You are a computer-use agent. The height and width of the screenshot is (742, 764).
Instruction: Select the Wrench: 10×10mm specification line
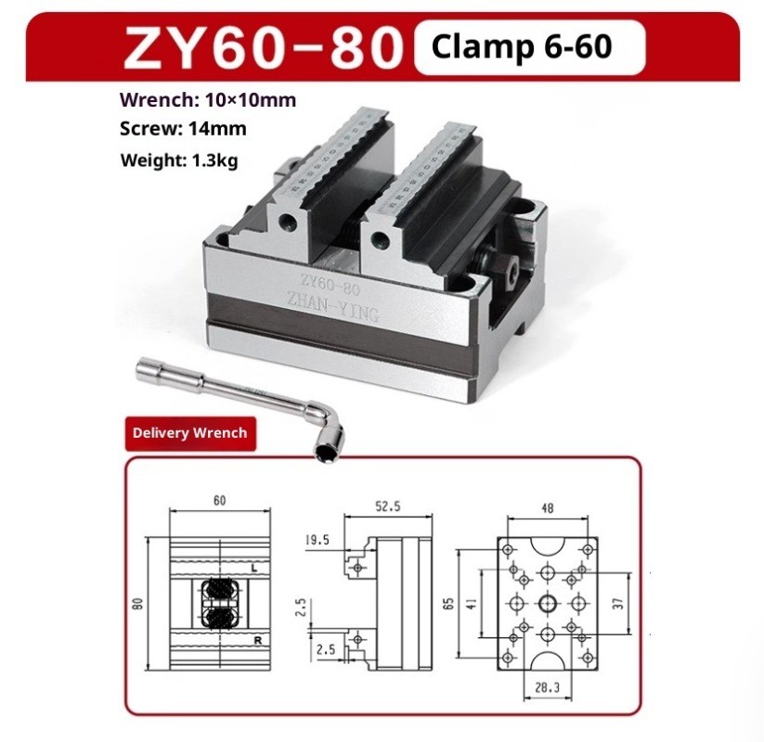pyautogui.click(x=208, y=100)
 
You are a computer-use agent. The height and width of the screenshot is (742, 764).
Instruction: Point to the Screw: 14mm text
pyautogui.click(x=183, y=129)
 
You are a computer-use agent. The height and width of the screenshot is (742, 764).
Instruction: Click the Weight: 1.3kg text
pyautogui.click(x=179, y=160)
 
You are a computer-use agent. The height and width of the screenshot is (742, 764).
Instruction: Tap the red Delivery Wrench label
pyautogui.click(x=189, y=432)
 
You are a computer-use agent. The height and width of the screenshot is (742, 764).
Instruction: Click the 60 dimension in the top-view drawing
pyautogui.click(x=219, y=502)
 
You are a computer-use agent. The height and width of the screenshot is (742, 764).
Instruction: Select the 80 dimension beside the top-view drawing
pyautogui.click(x=137, y=604)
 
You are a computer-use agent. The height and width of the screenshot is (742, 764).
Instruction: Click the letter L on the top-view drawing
pyautogui.click(x=253, y=566)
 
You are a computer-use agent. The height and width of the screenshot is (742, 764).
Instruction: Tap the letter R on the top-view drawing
pyautogui.click(x=253, y=641)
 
